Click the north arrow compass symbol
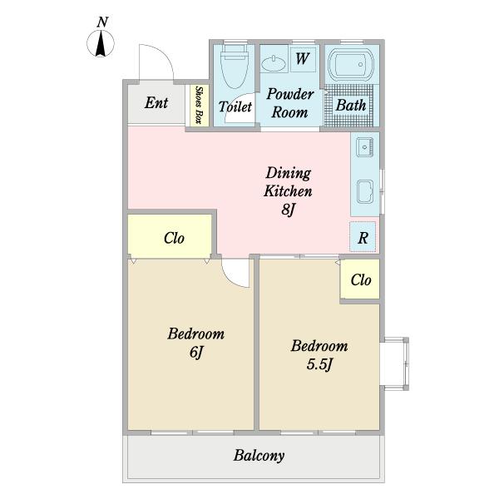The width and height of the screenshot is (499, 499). tap(101, 44)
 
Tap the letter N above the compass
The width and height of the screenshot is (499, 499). tap(102, 22)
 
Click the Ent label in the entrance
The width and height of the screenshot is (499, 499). tap(156, 103)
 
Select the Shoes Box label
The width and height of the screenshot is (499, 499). tap(200, 105)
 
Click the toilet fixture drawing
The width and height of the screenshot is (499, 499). tap(235, 65)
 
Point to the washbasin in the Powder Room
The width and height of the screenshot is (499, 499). tap(274, 63)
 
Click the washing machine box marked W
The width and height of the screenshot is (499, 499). tap(303, 60)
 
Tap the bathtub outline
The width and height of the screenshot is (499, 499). tap(351, 65)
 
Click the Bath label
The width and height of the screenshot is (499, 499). tap(351, 106)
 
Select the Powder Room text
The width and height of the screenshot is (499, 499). tap(290, 103)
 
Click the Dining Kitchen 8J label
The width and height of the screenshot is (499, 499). tap(288, 191)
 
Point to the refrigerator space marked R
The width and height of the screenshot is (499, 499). tap(363, 237)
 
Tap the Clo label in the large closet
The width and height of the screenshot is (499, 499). tap(174, 238)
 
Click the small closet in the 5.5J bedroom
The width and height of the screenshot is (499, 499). tap(360, 279)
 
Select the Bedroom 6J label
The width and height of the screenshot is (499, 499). tap(196, 343)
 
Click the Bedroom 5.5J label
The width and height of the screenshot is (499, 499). tap(319, 355)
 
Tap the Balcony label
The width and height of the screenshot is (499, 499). tap(259, 456)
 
